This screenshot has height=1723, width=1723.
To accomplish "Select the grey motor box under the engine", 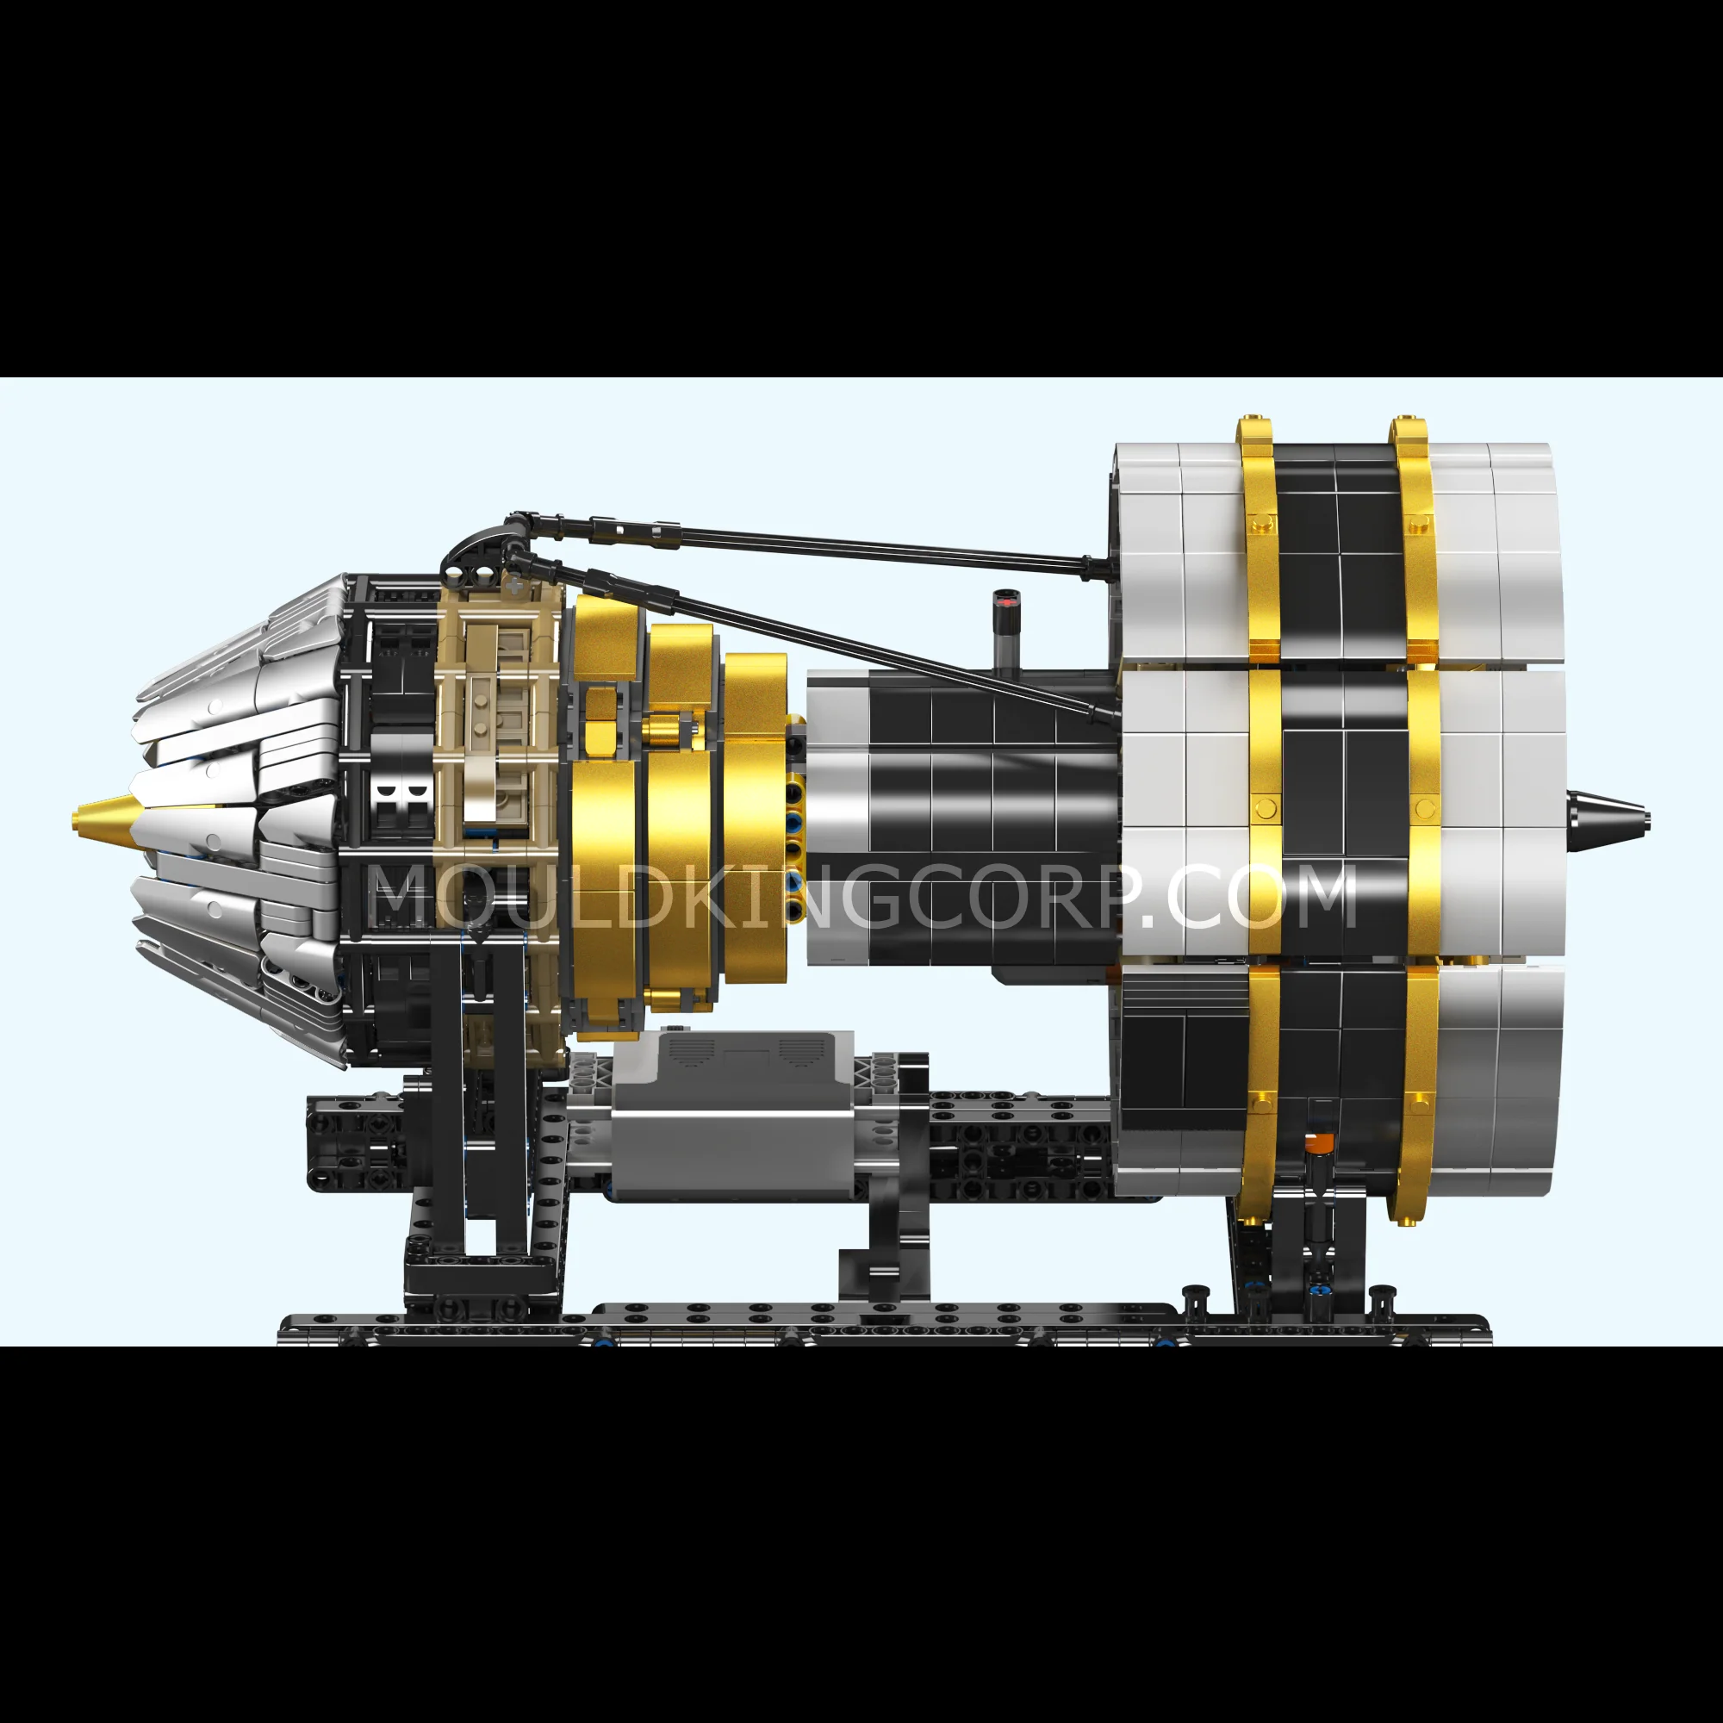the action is pos(731,1115).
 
